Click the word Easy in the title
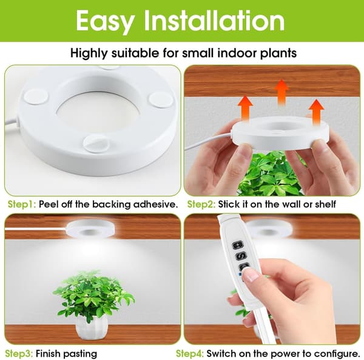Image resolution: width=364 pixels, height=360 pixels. coord(105,21)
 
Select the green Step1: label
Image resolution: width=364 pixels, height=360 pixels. coord(22,205)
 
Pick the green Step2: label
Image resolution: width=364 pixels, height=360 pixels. coord(201,205)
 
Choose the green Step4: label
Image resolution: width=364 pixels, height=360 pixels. coord(190,354)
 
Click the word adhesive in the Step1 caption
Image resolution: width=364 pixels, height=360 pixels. coord(154,204)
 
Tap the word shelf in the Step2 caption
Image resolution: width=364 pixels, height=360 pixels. coord(325,204)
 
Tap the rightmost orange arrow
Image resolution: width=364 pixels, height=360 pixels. coord(317,112)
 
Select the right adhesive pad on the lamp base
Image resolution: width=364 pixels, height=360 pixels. coord(161,99)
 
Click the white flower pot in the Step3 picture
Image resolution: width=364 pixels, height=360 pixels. coord(92,328)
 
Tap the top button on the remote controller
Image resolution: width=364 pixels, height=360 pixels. coord(238,245)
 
